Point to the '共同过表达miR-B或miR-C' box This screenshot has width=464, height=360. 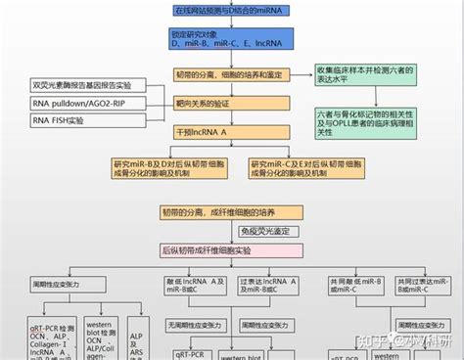422,286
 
